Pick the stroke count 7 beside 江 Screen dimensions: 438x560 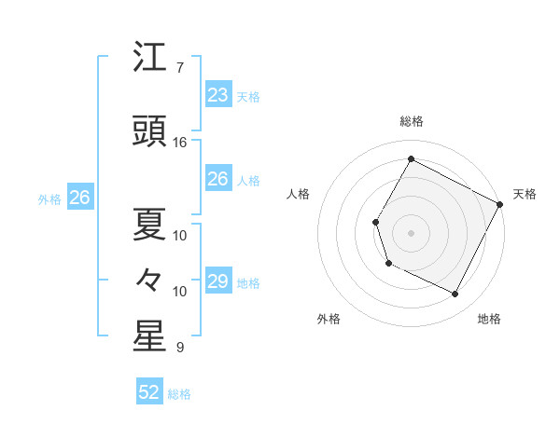[x=179, y=68]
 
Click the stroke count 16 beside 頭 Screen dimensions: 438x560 [x=180, y=143]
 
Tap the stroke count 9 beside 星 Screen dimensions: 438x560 [x=179, y=348]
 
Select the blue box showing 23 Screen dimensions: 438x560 [x=217, y=94]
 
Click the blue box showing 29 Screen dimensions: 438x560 [x=217, y=281]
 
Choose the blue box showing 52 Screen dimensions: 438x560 [x=149, y=392]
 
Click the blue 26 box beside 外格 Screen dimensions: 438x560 [x=79, y=198]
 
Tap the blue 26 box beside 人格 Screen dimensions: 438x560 [x=217, y=179]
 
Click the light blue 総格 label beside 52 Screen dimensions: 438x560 [x=179, y=394]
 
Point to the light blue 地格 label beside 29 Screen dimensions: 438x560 [x=248, y=283]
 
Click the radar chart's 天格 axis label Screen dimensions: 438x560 [x=525, y=194]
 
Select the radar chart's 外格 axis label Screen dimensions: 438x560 [x=329, y=319]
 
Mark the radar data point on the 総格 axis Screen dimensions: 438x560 [x=411, y=159]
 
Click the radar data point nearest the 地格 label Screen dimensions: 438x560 [x=455, y=294]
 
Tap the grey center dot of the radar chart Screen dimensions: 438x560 [x=411, y=232]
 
